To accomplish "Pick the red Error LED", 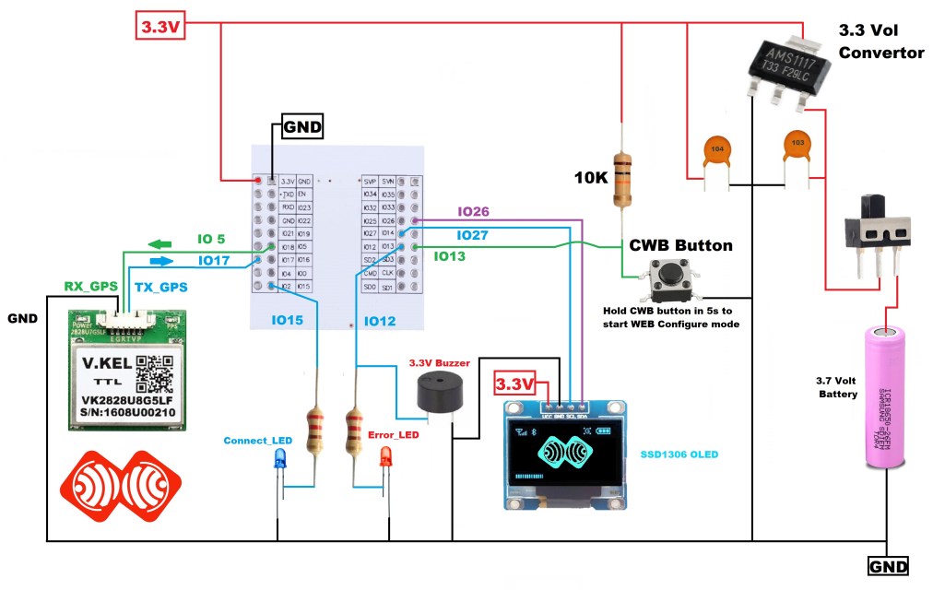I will [385, 456].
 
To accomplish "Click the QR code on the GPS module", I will [155, 372].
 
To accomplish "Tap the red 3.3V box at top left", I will [162, 26].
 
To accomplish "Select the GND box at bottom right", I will [889, 565].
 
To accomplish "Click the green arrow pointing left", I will [160, 244].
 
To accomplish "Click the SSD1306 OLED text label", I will [679, 454].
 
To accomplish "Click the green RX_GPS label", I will [90, 287].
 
